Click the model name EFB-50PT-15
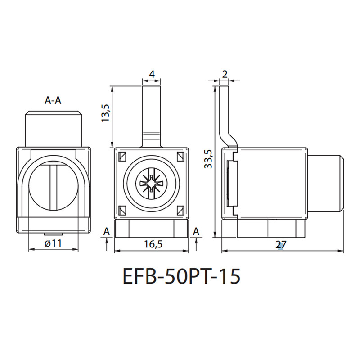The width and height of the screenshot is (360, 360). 182,276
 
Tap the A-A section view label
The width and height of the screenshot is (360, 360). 53,100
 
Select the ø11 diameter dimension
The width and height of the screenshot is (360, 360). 54,243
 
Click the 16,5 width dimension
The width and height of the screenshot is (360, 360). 153,244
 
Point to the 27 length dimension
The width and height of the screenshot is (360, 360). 281,245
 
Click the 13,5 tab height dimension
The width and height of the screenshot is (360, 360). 106,113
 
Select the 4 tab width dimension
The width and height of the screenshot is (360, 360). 152,74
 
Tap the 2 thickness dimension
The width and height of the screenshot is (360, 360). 225,74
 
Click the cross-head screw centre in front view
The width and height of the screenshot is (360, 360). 152,184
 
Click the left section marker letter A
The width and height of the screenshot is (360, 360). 107,232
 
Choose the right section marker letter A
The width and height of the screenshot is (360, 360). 196,232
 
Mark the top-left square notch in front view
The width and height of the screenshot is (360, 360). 122,156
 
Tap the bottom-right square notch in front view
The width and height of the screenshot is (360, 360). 181,210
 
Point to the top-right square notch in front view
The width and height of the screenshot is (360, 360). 181,156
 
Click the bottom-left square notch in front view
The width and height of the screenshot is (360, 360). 122,210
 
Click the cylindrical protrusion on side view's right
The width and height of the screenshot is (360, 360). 325,183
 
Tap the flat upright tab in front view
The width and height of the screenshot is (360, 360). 152,117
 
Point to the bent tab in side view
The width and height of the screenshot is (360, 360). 227,117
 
